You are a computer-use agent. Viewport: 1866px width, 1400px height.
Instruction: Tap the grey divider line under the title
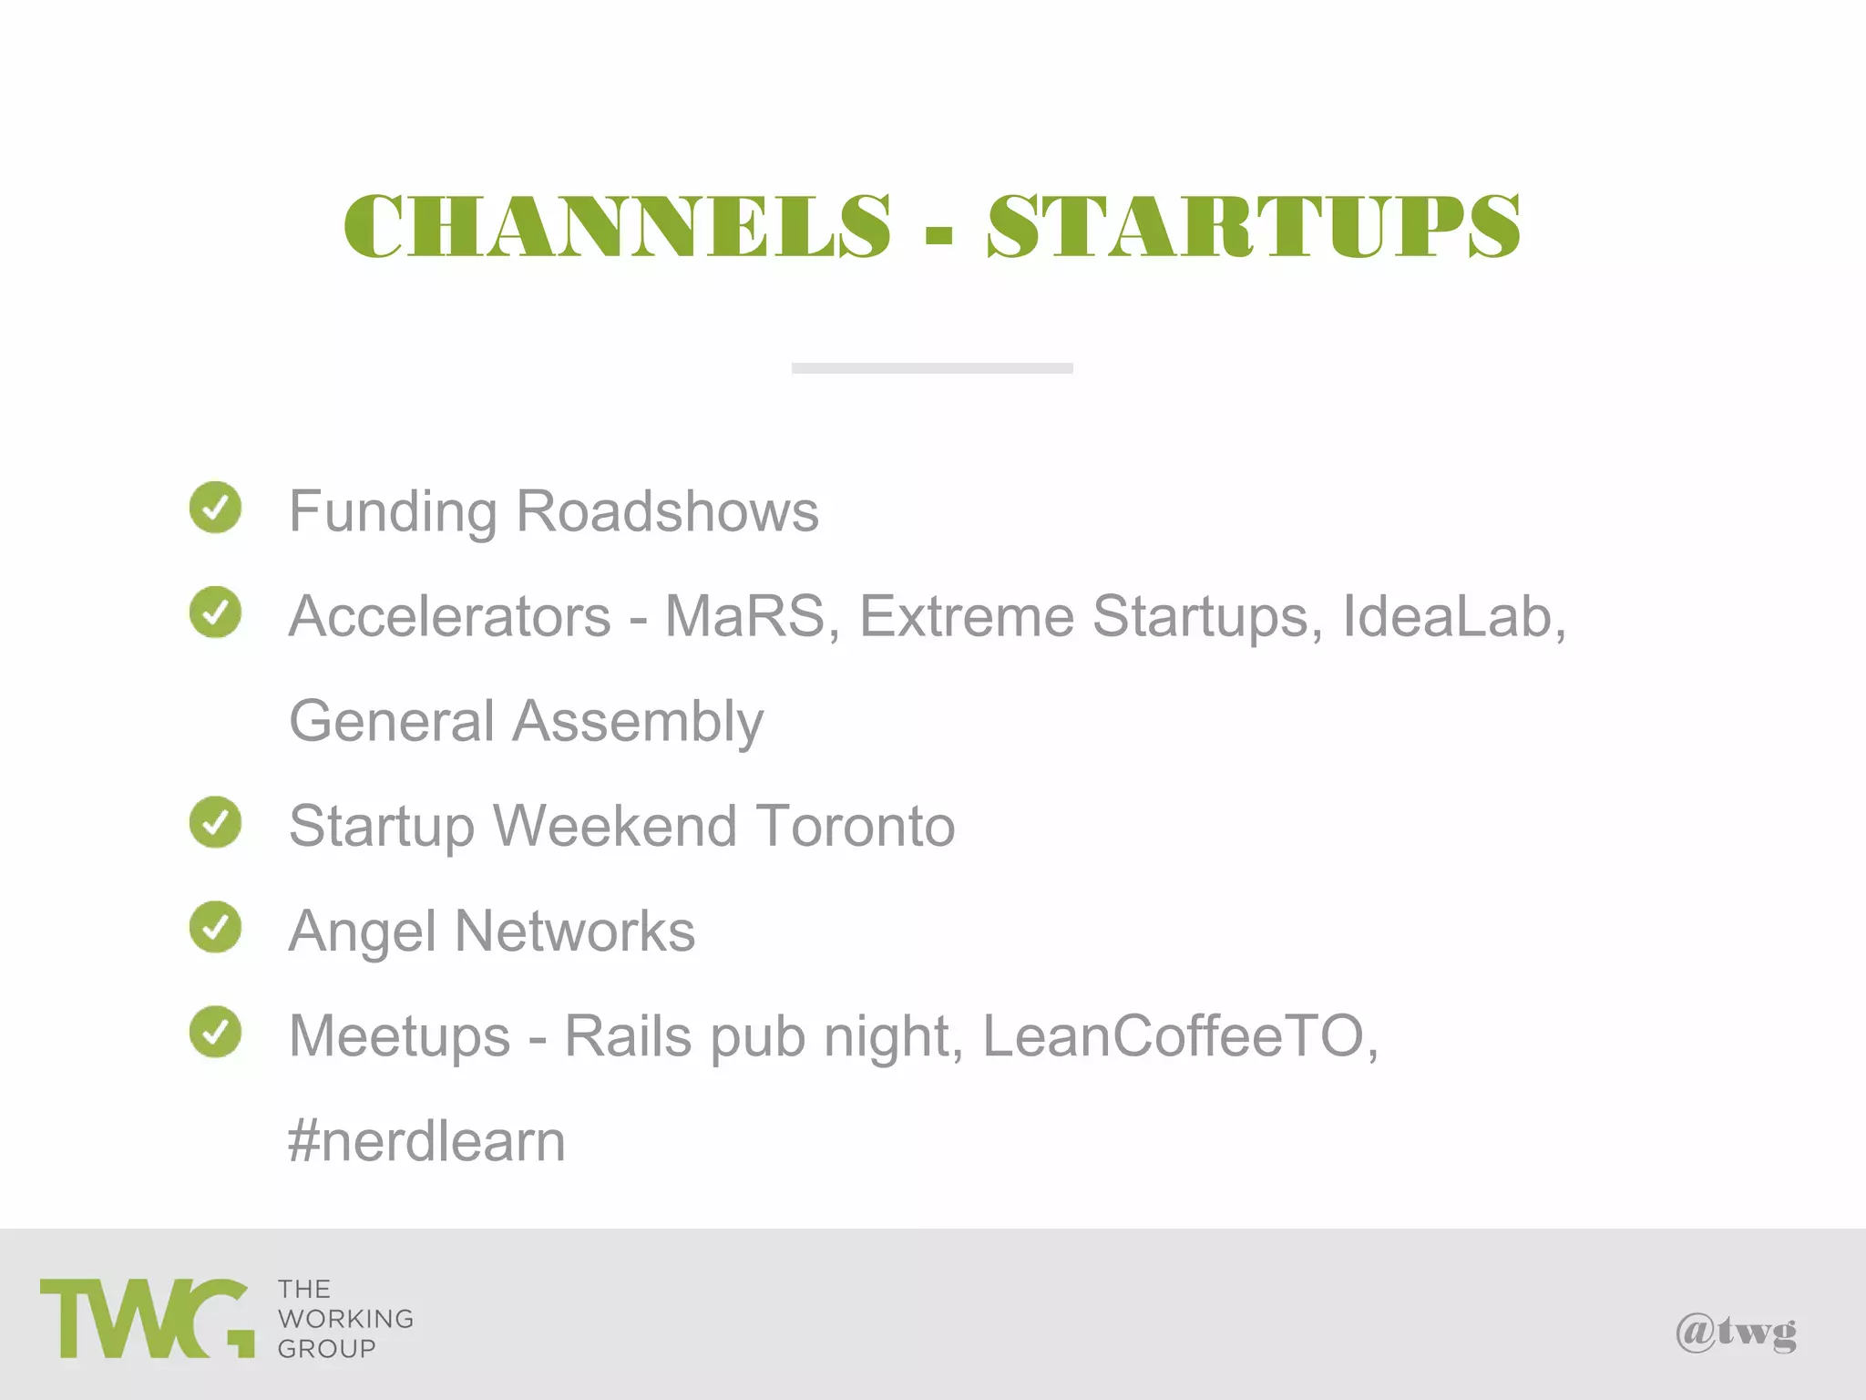932,368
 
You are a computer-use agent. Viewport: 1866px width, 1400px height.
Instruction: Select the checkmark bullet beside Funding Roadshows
216,507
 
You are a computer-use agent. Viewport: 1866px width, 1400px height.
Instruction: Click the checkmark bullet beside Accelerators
216,612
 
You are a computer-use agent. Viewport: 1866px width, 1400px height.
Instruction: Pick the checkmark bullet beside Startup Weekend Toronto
216,821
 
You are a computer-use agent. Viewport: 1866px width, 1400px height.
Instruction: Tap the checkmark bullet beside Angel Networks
216,927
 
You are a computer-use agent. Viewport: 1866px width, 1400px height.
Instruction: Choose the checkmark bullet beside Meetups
216,1032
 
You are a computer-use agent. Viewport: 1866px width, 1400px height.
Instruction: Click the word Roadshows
667,511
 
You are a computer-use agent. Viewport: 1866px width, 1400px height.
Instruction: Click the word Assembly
638,723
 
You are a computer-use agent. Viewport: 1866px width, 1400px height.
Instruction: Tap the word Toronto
855,826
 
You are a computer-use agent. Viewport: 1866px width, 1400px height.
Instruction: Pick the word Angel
363,932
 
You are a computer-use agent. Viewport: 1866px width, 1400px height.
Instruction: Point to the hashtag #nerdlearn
426,1141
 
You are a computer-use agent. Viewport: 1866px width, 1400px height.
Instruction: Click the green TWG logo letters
146,1318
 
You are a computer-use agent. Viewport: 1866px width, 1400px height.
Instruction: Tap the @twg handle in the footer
1736,1333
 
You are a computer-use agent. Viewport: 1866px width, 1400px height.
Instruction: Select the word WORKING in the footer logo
345,1319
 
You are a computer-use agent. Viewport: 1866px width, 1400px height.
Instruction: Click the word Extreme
967,616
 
